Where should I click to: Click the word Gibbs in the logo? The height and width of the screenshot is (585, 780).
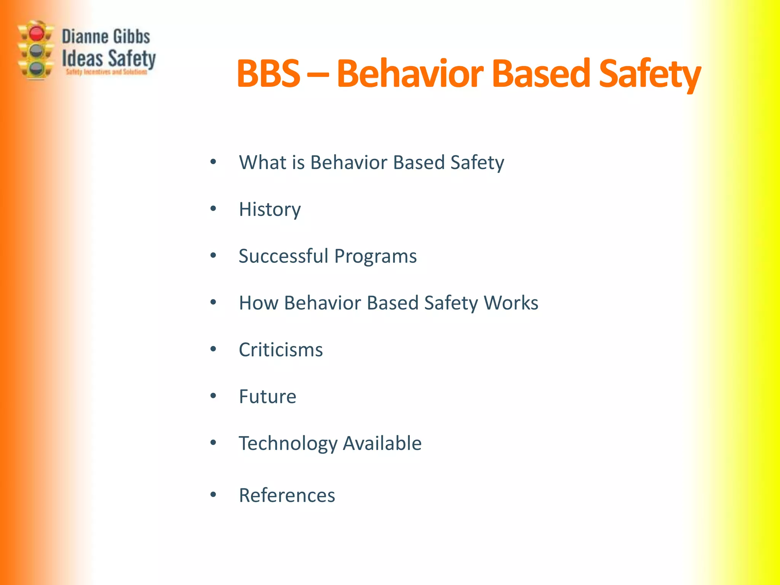tap(131, 37)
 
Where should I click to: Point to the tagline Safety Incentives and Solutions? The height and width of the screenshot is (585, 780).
tap(107, 72)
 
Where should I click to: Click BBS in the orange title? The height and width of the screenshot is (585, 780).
tap(268, 74)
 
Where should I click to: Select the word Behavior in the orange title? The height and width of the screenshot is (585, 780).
tap(410, 74)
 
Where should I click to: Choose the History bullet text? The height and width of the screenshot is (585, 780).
tap(270, 209)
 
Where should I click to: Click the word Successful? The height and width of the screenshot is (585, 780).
tap(283, 256)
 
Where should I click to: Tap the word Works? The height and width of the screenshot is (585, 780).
tap(511, 303)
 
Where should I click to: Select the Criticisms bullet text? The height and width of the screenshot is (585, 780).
tap(281, 350)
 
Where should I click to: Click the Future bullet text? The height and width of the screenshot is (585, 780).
tap(267, 396)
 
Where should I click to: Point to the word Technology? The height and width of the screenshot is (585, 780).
tap(288, 444)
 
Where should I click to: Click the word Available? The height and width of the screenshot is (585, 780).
tap(382, 443)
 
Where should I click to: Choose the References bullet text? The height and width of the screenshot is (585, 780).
tap(287, 495)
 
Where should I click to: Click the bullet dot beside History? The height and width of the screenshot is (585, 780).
tap(213, 209)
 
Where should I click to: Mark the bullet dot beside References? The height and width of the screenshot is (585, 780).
tap(213, 495)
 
